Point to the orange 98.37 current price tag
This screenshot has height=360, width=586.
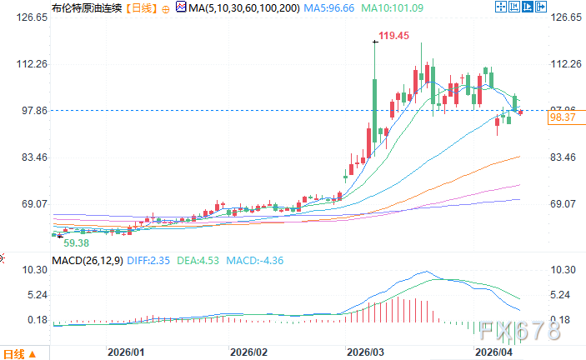(x=563, y=118)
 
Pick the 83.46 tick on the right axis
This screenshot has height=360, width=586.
(x=564, y=157)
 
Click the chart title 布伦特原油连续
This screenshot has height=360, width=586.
(x=82, y=7)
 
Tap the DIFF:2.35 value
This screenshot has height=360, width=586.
(x=152, y=260)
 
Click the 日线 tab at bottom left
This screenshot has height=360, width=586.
(x=16, y=352)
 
